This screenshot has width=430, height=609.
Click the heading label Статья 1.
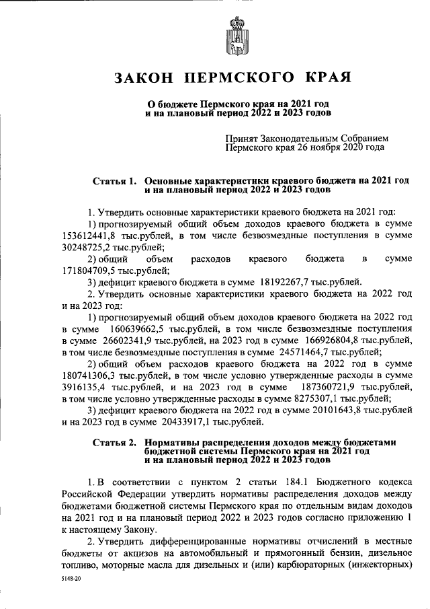(x=114, y=181)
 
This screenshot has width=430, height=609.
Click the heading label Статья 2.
(x=114, y=442)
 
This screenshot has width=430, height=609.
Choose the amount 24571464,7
(x=319, y=353)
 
